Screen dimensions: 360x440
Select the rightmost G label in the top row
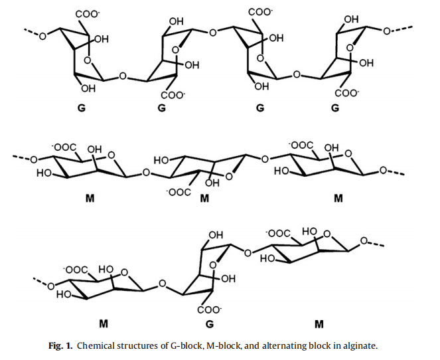335,108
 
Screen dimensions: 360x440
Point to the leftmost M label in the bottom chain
104,325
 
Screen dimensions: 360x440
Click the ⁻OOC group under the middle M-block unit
181,192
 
